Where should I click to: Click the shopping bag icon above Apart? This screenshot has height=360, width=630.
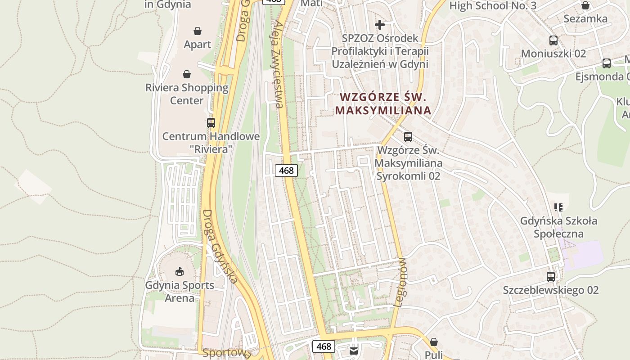(197, 31)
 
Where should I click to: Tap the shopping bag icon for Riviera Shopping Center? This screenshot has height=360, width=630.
(187, 74)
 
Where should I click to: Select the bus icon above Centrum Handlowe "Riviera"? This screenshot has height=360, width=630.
(211, 122)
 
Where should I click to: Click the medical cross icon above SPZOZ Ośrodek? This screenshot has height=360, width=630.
(380, 25)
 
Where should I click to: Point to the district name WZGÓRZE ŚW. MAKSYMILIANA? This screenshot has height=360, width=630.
(383, 103)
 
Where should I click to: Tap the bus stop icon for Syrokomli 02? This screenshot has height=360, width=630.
(408, 137)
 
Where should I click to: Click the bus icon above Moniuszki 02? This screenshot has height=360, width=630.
(553, 40)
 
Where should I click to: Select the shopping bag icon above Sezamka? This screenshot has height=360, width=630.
(585, 5)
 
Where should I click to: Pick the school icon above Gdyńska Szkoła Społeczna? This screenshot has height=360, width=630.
(558, 207)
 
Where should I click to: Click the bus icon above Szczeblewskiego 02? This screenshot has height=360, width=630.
(551, 277)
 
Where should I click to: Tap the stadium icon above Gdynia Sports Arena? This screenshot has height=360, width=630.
(179, 271)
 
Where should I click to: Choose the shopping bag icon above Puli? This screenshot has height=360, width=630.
(433, 342)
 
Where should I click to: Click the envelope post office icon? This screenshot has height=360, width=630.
(354, 351)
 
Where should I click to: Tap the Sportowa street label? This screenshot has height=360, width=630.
(226, 352)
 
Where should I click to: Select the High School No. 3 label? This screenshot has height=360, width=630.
(493, 6)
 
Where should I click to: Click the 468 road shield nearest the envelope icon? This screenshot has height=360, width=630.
(324, 346)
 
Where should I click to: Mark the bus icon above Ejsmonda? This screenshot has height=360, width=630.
(607, 63)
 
